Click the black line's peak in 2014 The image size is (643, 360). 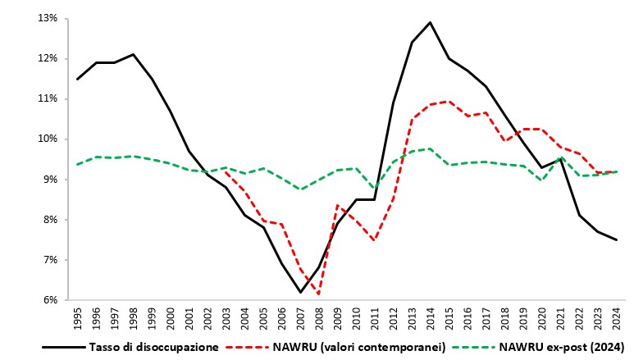(x=431, y=22)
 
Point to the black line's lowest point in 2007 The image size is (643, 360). (x=300, y=292)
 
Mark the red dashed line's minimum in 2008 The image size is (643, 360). (x=319, y=294)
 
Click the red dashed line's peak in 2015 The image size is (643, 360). (x=449, y=101)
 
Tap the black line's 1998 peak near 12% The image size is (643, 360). (x=133, y=54)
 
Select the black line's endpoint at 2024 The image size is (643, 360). (x=616, y=239)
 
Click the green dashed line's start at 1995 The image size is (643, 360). (x=77, y=164)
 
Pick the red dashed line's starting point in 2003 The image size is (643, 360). (x=226, y=171)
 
